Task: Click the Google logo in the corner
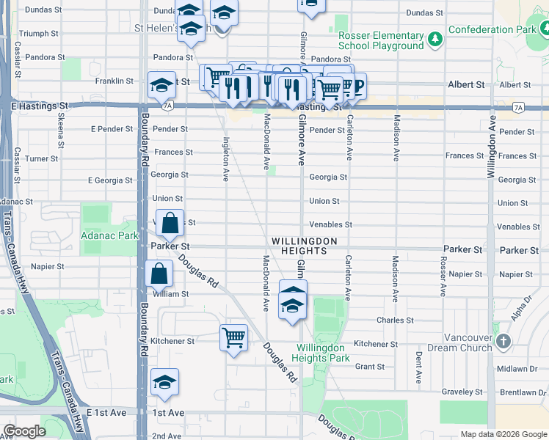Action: coord(24,431)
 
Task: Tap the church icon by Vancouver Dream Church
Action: coord(503,341)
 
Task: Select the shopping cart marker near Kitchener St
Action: coord(233,338)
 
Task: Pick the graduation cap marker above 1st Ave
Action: coord(164,382)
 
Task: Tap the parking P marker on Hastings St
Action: coord(358,84)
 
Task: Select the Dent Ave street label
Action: coord(418,367)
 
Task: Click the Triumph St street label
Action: coord(38,34)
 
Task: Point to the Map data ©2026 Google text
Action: coord(503,434)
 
